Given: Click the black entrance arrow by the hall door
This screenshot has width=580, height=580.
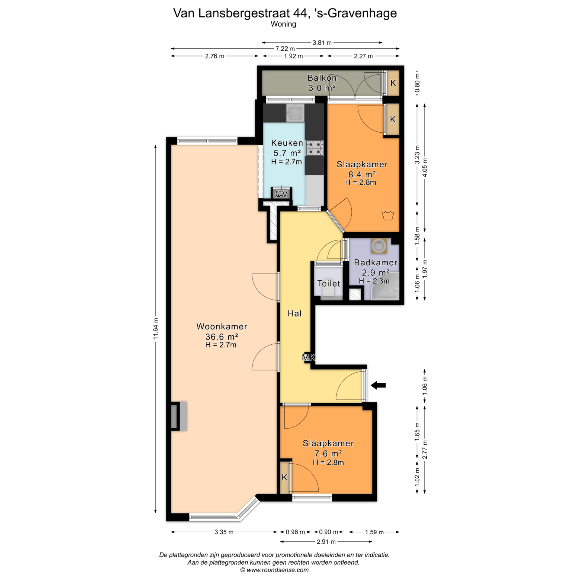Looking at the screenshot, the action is [378, 385].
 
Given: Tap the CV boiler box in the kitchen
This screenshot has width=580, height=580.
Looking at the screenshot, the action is [282, 193].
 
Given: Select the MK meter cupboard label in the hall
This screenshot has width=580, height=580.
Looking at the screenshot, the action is [309, 358].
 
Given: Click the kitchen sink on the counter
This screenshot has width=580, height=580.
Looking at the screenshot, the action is [295, 113].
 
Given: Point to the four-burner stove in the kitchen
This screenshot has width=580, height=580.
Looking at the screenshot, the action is [315, 148].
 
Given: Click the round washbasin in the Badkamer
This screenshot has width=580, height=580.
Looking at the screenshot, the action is [379, 246].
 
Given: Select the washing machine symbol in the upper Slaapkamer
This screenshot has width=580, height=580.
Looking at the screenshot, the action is [388, 215].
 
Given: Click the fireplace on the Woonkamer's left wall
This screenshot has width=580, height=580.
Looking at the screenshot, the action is [179, 416].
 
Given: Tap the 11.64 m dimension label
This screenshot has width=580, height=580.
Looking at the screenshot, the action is [156, 329].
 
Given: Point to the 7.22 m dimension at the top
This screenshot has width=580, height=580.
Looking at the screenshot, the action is [285, 49].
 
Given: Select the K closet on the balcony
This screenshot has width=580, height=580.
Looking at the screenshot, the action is [393, 83].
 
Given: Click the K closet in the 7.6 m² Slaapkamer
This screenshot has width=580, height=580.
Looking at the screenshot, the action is [284, 477].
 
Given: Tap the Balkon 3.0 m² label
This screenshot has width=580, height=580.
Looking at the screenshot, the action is [322, 83].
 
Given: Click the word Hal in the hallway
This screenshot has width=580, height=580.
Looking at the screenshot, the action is [295, 313].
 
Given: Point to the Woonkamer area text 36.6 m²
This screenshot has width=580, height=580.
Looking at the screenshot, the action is [222, 337].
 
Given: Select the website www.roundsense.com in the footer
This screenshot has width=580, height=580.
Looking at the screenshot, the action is [278, 570].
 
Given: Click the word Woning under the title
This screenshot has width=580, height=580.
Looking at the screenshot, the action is [283, 24].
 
